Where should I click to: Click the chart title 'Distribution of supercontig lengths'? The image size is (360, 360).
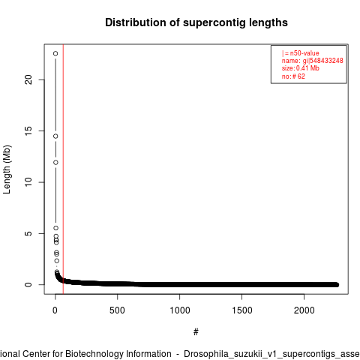point(196,22)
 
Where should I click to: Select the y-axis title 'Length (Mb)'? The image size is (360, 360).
point(7,169)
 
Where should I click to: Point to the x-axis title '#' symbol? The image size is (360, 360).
point(196,332)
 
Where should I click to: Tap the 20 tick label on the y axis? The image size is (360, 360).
point(28,79)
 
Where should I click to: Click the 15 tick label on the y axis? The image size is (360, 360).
point(28,130)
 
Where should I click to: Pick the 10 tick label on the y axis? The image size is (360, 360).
point(28,182)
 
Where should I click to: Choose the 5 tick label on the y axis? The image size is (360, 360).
point(28,233)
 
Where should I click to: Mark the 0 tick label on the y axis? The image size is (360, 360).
point(28,284)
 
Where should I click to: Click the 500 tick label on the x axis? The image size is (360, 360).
point(117,310)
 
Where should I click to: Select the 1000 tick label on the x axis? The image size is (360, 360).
point(180,310)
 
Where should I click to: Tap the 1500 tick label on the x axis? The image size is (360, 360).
point(242,310)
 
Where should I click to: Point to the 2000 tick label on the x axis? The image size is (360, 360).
point(304,310)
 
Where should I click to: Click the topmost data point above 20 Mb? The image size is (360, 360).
point(55,53)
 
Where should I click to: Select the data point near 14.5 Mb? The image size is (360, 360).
point(55,136)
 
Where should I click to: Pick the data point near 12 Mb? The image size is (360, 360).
point(55,163)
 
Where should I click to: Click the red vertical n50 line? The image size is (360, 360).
point(63,169)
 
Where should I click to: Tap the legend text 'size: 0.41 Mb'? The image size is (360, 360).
point(301,68)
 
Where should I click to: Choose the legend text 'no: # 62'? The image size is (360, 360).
point(293,76)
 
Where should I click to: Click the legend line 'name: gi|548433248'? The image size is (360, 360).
point(313,61)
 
